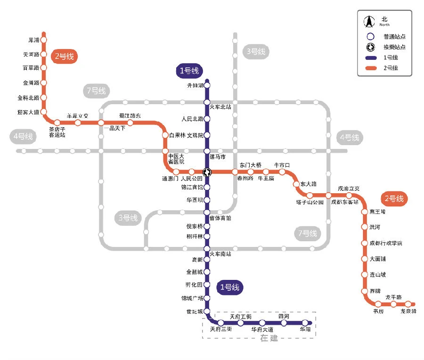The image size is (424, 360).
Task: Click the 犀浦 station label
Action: click(33, 40)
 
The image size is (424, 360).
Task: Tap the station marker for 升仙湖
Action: click(206, 85)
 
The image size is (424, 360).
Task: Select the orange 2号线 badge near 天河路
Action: click(64, 57)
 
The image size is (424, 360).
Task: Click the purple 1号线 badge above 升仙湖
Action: click(189, 71)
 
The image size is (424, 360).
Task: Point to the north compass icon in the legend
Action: click(369, 22)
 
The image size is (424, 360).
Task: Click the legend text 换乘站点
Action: click(394, 47)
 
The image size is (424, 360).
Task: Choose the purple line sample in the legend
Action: click(370, 57)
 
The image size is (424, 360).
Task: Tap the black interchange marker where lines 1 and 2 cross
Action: click(206, 172)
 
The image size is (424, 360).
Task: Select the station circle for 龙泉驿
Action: click(408, 304)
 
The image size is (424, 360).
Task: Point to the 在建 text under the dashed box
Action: click(269, 338)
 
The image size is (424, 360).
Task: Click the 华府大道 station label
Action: click(262, 329)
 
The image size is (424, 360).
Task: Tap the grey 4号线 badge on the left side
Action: click(23, 137)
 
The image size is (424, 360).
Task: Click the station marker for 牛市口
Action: click(282, 172)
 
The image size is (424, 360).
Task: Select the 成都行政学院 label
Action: click(386, 243)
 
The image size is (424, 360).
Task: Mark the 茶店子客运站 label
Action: click(57, 131)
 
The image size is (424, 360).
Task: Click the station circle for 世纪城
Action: click(206, 311)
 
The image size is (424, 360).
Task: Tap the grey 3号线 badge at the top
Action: click(255, 51)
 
